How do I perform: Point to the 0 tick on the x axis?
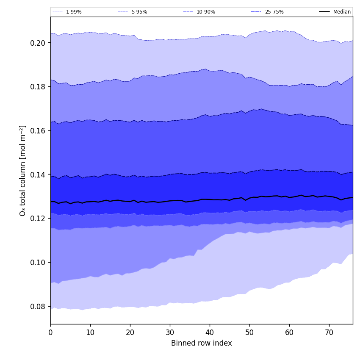[x=50, y=332]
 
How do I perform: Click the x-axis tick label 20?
[x=130, y=332]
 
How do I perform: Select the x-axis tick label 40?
[x=210, y=332]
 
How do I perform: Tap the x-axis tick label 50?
[x=249, y=332]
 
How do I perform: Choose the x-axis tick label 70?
[x=329, y=332]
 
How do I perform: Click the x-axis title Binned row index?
[x=202, y=343]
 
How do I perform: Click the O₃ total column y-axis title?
[x=23, y=170]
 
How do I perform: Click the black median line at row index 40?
[x=210, y=199]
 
